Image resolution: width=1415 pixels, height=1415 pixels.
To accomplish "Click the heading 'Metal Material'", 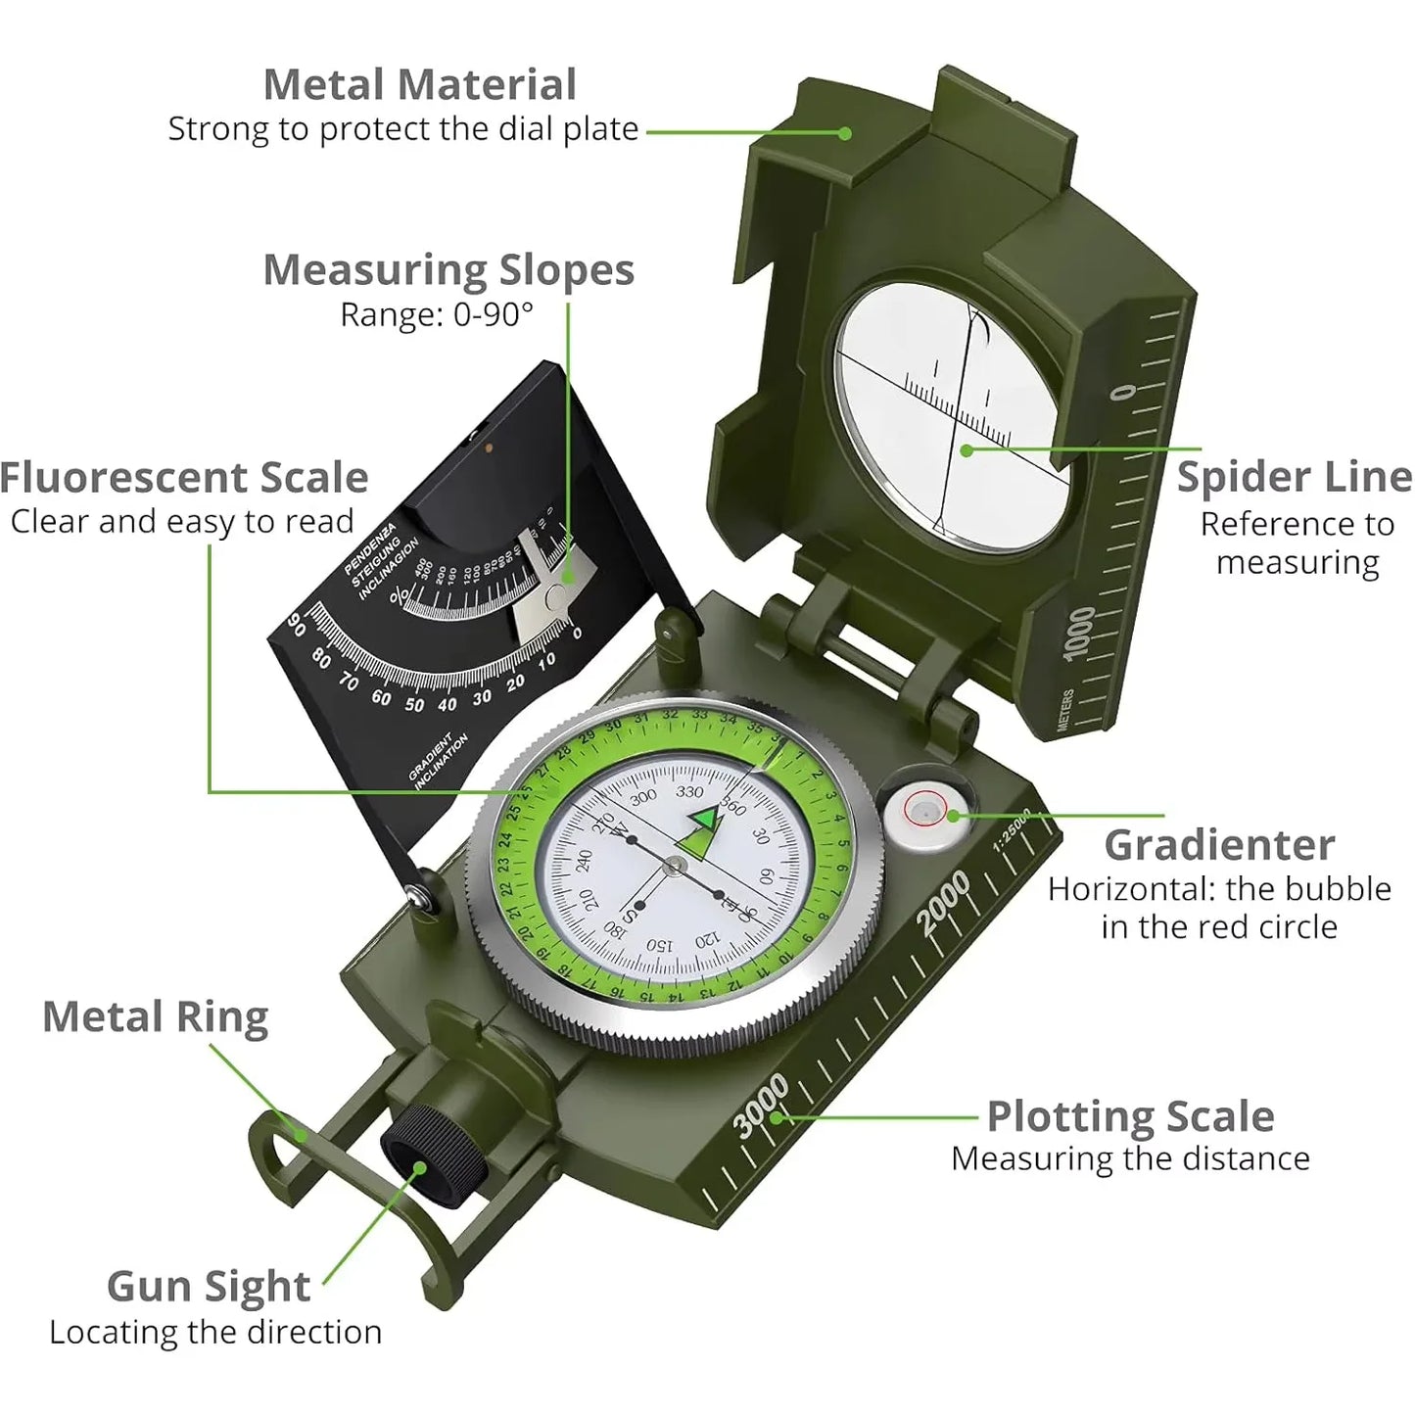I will (x=419, y=85).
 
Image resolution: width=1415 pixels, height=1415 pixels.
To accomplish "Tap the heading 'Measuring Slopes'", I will (x=448, y=270).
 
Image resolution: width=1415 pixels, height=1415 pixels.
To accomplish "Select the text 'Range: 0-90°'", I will (x=437, y=314).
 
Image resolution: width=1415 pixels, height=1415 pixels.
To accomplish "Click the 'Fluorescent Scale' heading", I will (x=184, y=478).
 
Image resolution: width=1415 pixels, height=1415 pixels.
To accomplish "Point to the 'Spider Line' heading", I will (x=1294, y=477).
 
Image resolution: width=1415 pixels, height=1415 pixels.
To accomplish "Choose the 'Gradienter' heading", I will (x=1219, y=845).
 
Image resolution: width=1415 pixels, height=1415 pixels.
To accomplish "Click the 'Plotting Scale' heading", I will (x=1130, y=1116).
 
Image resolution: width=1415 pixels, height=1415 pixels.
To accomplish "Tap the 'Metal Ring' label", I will (x=155, y=1017).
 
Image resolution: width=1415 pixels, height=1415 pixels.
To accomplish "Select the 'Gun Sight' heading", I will (x=209, y=1287).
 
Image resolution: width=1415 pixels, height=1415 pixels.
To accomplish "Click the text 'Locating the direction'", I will (x=215, y=1333).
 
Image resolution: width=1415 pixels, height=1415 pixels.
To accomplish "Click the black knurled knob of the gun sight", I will (x=427, y=1152).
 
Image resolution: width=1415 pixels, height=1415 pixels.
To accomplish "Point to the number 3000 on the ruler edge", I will (x=761, y=1105).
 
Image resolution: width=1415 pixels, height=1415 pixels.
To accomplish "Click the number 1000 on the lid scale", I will (x=1080, y=634).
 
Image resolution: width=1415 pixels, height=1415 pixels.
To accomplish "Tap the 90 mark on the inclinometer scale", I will (x=297, y=626).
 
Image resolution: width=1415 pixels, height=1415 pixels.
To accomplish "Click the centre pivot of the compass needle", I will (x=675, y=864).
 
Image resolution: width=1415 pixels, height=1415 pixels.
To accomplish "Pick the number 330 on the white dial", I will (x=689, y=792).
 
